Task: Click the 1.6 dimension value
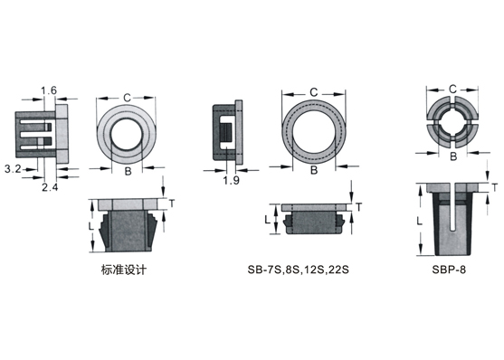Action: point(49,90)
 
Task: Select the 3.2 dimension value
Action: point(13,168)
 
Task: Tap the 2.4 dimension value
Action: point(50,187)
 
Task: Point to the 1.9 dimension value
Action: point(232,180)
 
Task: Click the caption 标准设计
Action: point(124,270)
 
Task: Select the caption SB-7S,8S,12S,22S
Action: point(298,270)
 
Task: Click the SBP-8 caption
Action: point(449,270)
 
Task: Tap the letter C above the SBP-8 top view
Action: point(452,89)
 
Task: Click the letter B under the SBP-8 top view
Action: point(453,156)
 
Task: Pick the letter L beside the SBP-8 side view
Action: point(419,221)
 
